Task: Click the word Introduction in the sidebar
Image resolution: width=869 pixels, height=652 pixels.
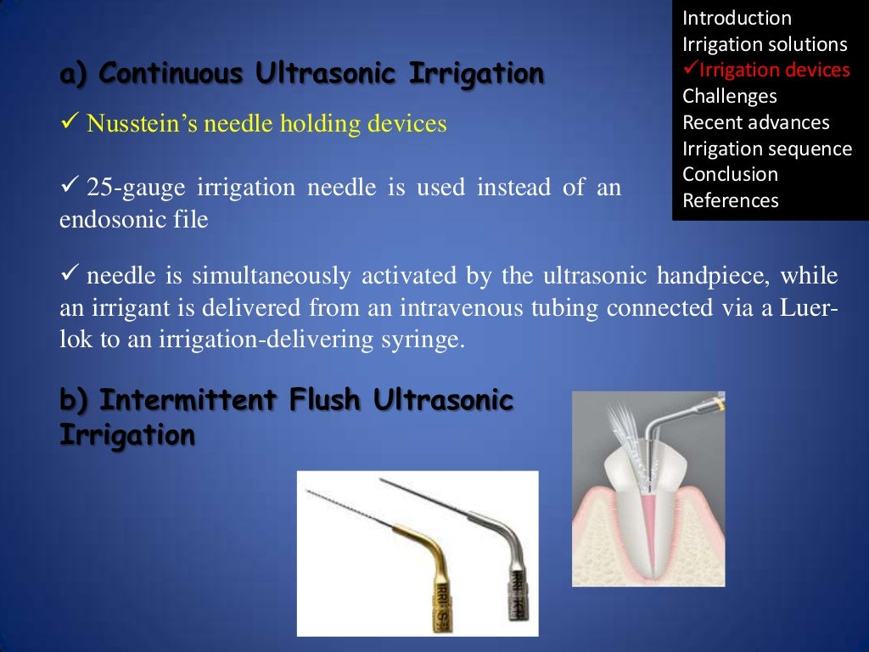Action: (737, 19)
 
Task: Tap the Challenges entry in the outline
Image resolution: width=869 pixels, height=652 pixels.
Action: (729, 97)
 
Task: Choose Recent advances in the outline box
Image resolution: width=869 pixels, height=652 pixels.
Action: (756, 123)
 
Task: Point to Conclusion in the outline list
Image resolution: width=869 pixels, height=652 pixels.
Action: (730, 175)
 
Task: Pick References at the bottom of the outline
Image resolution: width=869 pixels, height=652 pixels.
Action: (731, 201)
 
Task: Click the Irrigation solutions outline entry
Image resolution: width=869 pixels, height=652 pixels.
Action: (765, 45)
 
